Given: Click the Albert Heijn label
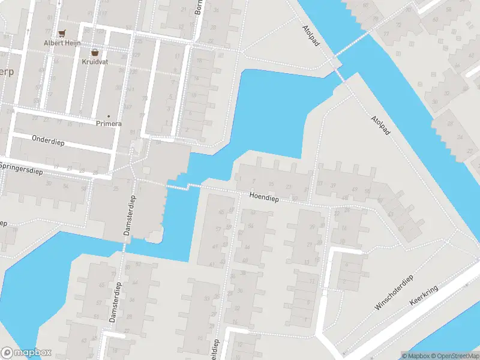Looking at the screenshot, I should click(61, 43).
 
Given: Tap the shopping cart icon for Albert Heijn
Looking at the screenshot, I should click(61, 33).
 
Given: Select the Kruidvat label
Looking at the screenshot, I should click(95, 61).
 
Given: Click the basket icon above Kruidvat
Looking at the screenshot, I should click(95, 52).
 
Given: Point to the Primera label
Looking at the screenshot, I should click(109, 124).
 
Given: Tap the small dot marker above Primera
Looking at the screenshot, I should click(109, 116).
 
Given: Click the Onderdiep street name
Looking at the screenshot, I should click(48, 140).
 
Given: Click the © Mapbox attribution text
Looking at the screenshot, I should click(416, 356).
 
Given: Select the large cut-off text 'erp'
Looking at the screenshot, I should click(7, 73).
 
